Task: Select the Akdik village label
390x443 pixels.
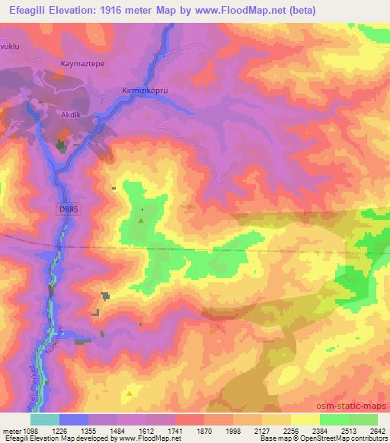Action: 70,116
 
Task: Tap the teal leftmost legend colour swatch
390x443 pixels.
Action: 46,419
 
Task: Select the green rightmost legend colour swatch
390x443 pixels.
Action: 363,419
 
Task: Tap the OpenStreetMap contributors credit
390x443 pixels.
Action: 344,438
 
